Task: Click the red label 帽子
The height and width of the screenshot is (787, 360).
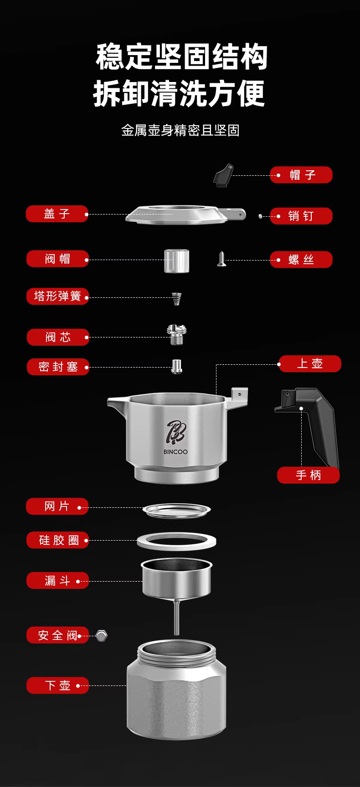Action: [301, 175]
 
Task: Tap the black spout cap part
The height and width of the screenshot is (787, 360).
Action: [222, 175]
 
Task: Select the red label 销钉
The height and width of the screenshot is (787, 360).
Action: [301, 216]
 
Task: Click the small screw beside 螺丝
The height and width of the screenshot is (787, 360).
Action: [221, 259]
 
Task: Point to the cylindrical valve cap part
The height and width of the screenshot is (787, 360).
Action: [176, 261]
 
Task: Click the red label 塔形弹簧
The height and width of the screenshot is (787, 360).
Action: [57, 296]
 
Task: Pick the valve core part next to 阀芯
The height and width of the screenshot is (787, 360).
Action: [177, 335]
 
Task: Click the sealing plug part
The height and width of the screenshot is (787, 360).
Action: [177, 366]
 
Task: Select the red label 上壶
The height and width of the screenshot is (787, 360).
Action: [310, 364]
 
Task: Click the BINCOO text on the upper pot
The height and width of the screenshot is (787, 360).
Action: [175, 452]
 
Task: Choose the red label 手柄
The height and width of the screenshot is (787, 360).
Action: [309, 475]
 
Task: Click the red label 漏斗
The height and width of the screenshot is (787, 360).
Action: [57, 581]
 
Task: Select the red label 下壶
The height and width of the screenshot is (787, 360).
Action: [57, 685]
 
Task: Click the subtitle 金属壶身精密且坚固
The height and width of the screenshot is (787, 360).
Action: [180, 131]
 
